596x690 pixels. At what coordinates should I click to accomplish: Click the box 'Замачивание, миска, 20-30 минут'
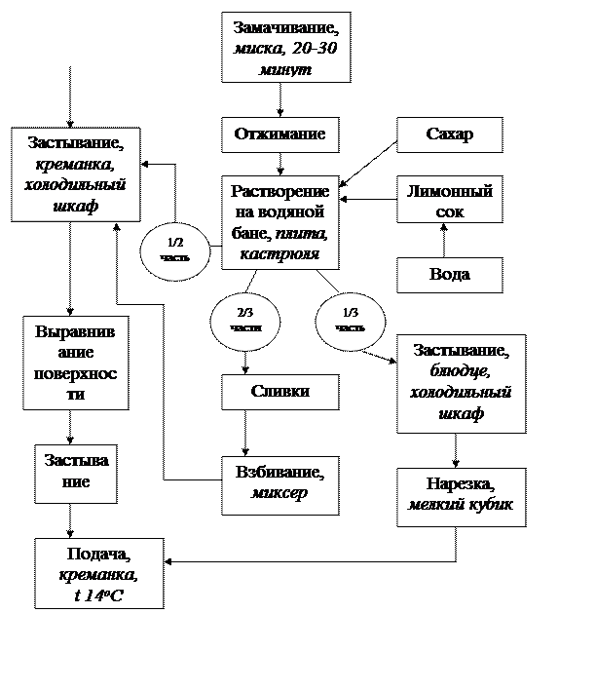[x=285, y=47]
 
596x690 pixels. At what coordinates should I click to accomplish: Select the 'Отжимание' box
[x=279, y=134]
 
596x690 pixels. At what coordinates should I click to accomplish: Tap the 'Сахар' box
[x=449, y=134]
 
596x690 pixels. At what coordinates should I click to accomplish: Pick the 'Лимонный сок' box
[x=449, y=202]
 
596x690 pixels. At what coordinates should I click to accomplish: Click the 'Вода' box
[x=449, y=275]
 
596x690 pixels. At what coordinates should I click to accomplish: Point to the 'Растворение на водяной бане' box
[x=279, y=223]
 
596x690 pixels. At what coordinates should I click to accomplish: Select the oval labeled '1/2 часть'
[x=174, y=250]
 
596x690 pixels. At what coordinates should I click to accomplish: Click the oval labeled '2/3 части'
[x=245, y=321]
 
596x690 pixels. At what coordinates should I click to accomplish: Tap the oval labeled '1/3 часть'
[x=351, y=321]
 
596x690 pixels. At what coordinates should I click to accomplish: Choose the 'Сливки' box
[x=279, y=392]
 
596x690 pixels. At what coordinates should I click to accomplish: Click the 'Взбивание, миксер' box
[x=279, y=483]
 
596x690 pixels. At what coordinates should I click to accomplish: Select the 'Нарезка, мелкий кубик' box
[x=461, y=496]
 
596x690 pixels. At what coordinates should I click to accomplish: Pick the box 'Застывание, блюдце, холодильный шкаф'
[x=461, y=383]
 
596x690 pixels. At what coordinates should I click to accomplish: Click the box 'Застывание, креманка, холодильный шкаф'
[x=75, y=174]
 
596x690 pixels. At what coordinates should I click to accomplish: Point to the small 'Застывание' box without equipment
[x=75, y=473]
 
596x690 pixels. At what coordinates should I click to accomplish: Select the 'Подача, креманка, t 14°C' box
[x=98, y=573]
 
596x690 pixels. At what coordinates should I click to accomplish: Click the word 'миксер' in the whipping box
[x=279, y=493]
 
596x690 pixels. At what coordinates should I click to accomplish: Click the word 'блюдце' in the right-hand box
[x=461, y=371]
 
